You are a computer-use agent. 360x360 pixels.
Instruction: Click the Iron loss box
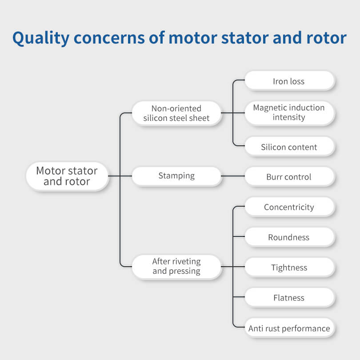point(289,80)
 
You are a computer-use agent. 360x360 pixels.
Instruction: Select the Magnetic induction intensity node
point(289,113)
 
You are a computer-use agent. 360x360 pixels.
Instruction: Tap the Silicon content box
point(289,146)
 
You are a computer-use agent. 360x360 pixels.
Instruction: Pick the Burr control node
point(289,176)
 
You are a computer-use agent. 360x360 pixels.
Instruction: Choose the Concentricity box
point(289,206)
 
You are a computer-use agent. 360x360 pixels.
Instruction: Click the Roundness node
point(289,237)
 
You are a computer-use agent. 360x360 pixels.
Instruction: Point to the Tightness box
point(289,267)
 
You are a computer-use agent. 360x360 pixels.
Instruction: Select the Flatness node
point(289,297)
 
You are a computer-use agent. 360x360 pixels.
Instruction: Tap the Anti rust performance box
point(289,328)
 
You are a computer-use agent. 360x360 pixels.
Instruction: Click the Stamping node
point(176,176)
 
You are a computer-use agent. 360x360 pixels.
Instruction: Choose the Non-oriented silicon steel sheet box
point(176,113)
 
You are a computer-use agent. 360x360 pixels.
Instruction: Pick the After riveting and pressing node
point(176,267)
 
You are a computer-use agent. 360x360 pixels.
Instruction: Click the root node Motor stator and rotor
point(67,176)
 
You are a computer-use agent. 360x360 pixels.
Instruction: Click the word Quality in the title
point(41,38)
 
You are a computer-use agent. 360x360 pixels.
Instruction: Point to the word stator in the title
point(245,38)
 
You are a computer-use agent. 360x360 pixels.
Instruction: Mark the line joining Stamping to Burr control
point(233,176)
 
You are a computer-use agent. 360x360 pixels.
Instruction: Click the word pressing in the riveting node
point(184,272)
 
